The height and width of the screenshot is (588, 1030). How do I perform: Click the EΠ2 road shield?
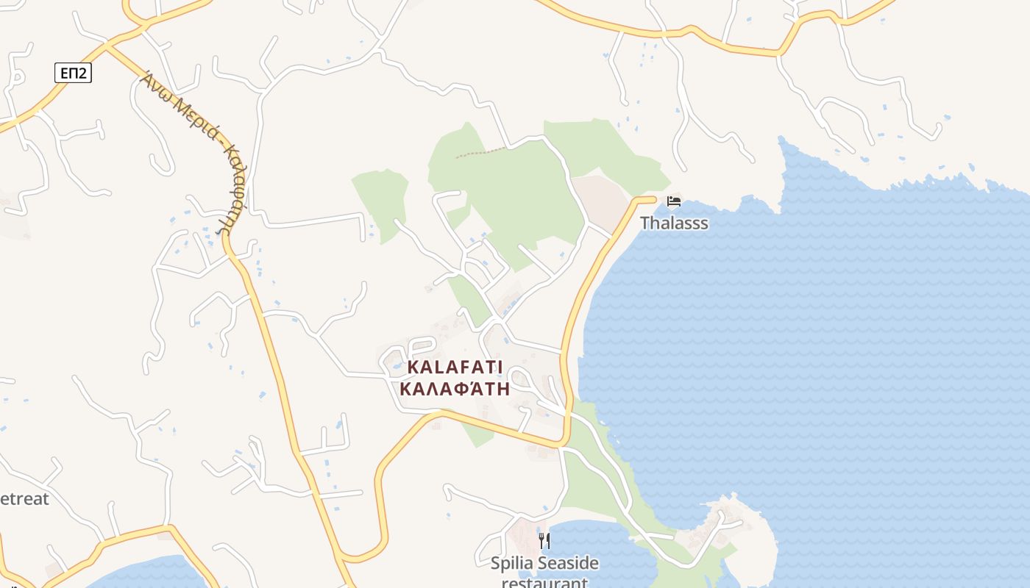click(73, 72)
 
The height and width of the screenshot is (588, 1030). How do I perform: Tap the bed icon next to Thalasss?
click(673, 201)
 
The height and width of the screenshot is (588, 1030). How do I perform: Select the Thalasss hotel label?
click(674, 223)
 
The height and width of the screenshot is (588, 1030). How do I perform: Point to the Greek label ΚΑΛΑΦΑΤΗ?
click(455, 389)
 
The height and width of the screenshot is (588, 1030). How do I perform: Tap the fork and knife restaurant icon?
click(544, 541)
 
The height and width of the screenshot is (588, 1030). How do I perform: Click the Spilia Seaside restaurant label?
click(544, 573)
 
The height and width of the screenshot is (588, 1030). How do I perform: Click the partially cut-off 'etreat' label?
click(24, 498)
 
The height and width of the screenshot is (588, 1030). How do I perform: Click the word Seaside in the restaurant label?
click(567, 564)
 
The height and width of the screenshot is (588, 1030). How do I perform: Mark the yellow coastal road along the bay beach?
click(581, 294)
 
